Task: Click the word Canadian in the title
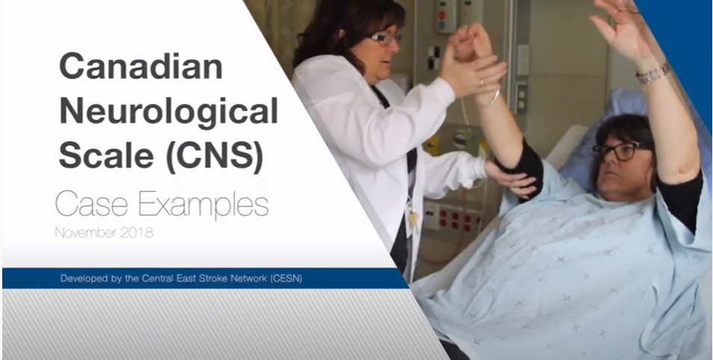coord(140,68)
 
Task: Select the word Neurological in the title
coord(168,111)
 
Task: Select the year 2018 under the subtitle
coord(136,232)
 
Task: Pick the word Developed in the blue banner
coord(84,279)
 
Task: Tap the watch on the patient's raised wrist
coord(652,73)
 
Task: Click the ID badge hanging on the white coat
coord(413,219)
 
